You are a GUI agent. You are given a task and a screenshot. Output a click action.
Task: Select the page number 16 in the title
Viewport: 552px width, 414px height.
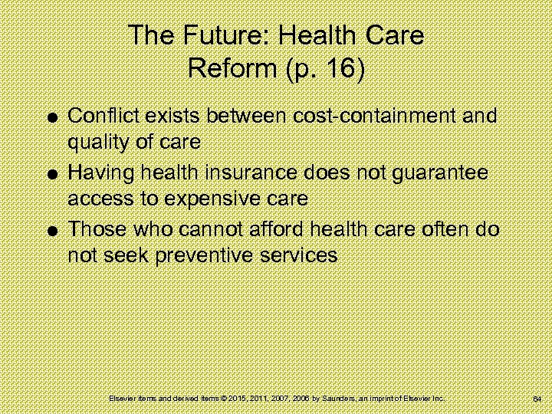click(x=342, y=70)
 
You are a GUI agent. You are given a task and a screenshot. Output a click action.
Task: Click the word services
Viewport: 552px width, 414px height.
click(x=300, y=255)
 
